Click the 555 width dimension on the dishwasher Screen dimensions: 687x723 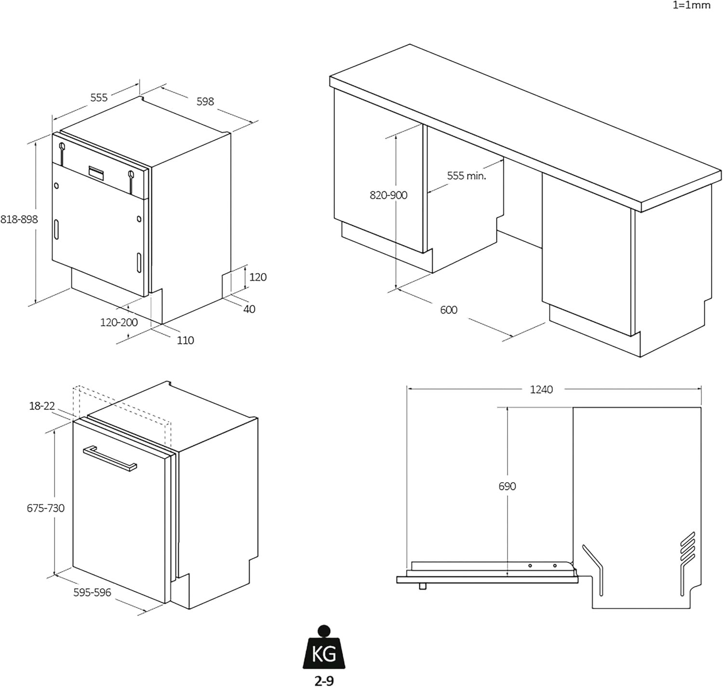click(x=99, y=97)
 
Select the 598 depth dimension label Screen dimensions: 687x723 click(x=205, y=101)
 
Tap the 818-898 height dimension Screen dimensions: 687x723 click(x=19, y=219)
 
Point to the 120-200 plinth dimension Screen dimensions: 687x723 click(x=119, y=322)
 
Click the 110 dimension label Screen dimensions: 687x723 click(x=185, y=341)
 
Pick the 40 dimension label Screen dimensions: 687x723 click(x=249, y=309)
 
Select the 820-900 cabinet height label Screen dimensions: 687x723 click(x=388, y=195)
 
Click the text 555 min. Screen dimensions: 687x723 click(x=466, y=176)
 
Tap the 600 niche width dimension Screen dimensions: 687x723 click(x=448, y=310)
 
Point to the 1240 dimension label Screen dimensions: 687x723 click(x=541, y=389)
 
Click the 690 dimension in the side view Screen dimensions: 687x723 click(x=507, y=487)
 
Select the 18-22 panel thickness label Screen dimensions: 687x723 click(x=42, y=406)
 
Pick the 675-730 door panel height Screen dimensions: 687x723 click(x=45, y=508)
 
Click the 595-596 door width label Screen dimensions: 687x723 click(x=92, y=593)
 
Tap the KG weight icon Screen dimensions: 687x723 click(x=324, y=650)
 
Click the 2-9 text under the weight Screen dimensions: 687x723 click(x=324, y=680)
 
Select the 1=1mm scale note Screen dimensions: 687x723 click(x=691, y=6)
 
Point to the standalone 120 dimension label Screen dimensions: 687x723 click(x=258, y=277)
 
